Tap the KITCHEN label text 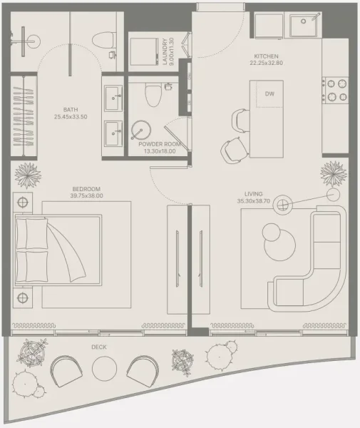[265, 56]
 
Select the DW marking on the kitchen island [269, 93]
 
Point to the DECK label [99, 347]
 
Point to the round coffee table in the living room [273, 233]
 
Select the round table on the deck [105, 368]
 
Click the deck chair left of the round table [66, 370]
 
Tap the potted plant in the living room [333, 172]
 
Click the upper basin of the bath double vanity [113, 98]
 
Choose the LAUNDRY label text [164, 51]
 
